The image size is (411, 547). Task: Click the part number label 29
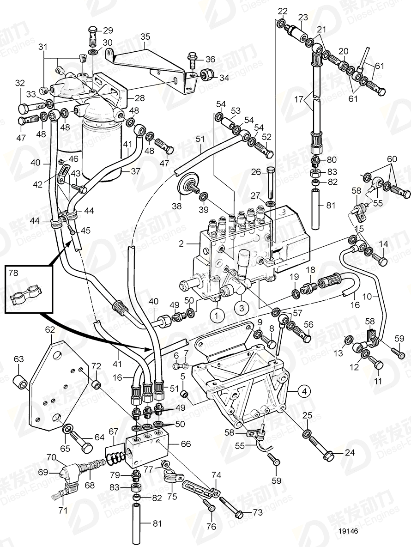pos(108,31)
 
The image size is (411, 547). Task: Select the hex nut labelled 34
pos(206,74)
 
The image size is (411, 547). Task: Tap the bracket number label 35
pos(145,36)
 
